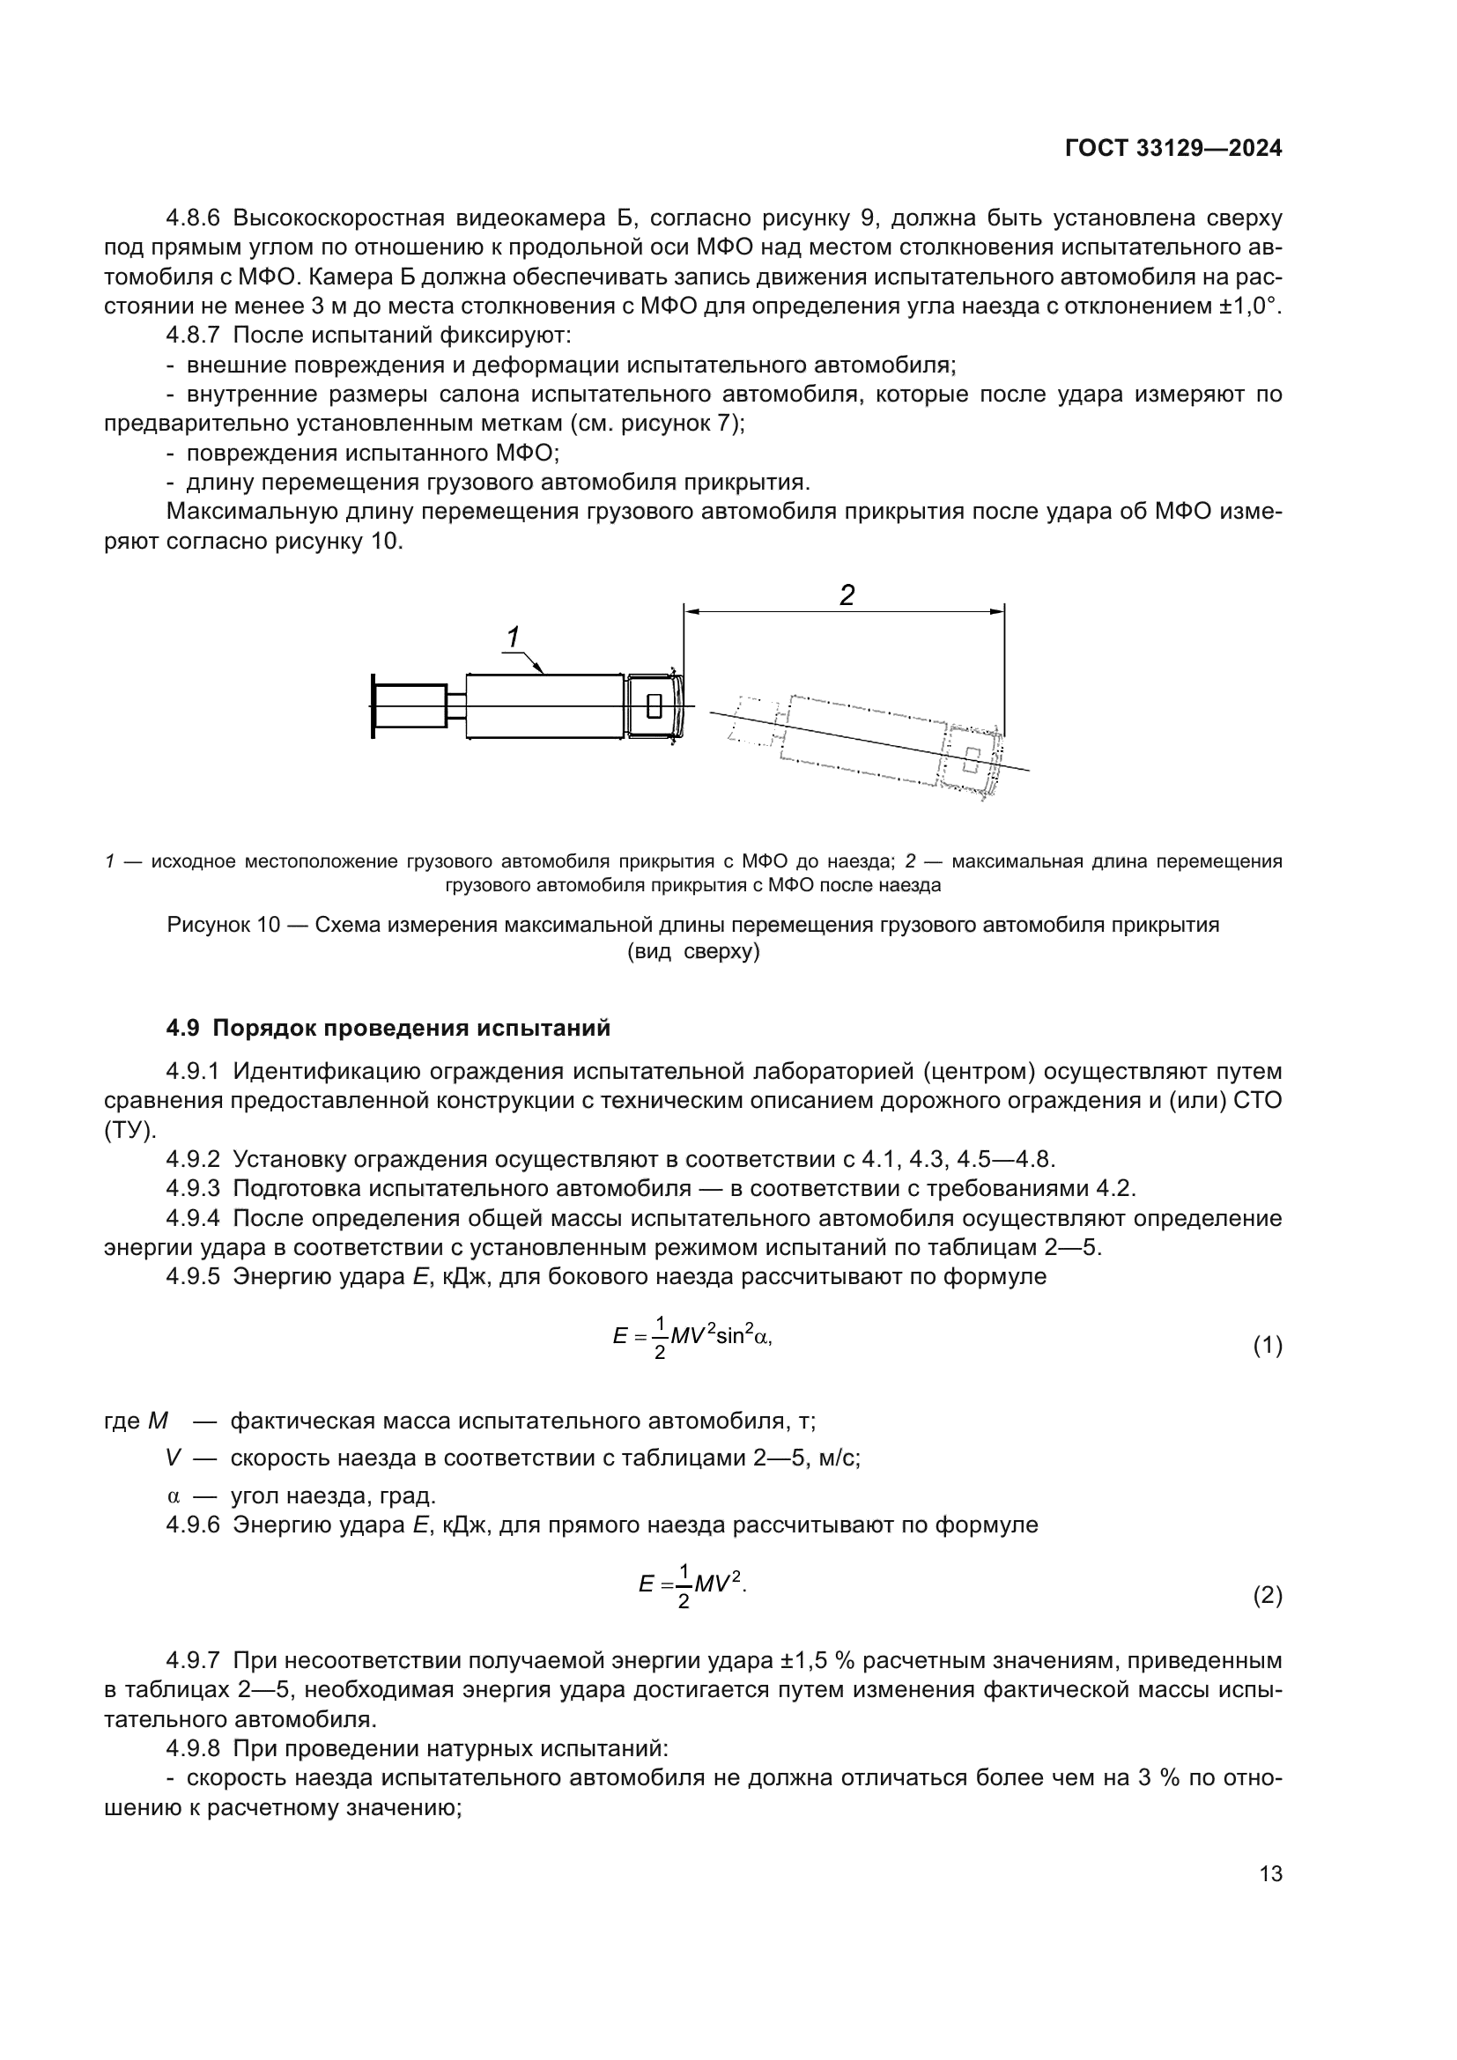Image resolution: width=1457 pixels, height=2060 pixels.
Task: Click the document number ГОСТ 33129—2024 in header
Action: [x=1172, y=149]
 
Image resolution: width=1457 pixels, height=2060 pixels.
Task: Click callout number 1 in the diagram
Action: [x=513, y=638]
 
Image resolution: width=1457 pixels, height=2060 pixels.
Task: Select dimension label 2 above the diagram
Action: [x=846, y=594]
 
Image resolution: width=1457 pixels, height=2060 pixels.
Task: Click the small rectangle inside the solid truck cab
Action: [x=654, y=706]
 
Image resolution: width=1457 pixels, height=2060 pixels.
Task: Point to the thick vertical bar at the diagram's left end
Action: [x=373, y=707]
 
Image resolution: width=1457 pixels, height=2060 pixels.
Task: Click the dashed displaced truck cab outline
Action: [x=971, y=758]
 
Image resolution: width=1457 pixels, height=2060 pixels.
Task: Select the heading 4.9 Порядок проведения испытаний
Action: [x=388, y=1028]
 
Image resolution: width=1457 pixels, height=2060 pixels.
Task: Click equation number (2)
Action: [x=1267, y=1595]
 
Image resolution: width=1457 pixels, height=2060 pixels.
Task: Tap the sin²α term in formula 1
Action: [x=743, y=1336]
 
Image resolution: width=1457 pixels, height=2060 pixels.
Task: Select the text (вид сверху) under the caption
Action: [x=692, y=952]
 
